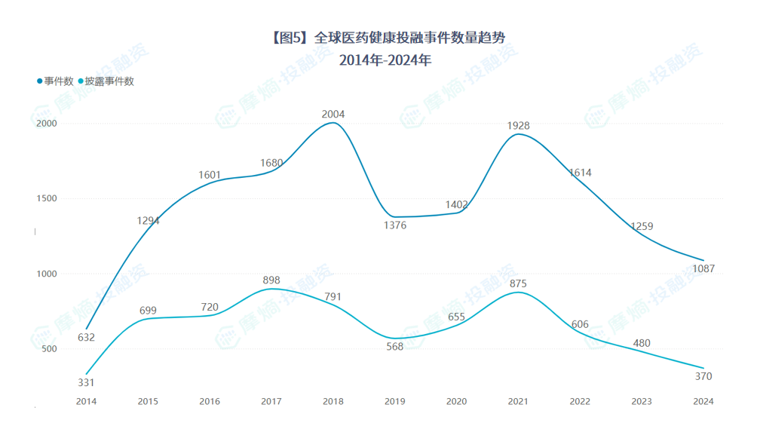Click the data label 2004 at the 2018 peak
point(333,115)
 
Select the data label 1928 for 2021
point(517,126)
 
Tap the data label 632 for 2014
point(86,337)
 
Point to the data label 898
point(271,280)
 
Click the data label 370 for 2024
point(703,376)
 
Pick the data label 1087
point(703,269)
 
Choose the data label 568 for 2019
point(394,347)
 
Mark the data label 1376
point(394,225)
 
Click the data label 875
point(518,284)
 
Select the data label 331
point(86,382)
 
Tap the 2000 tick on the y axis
point(48,124)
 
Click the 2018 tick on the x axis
point(333,402)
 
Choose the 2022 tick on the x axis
point(580,402)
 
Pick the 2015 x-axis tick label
point(148,402)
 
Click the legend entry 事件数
point(58,81)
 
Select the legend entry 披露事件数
point(109,81)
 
